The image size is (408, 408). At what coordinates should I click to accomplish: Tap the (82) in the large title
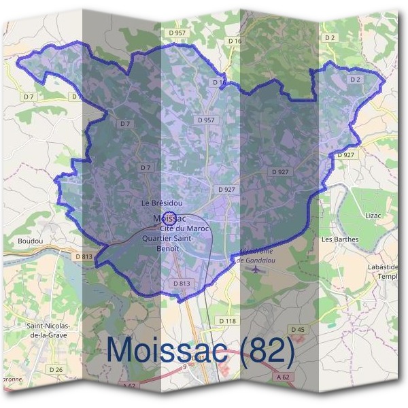tap(261, 350)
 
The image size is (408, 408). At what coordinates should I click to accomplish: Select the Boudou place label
tap(31, 241)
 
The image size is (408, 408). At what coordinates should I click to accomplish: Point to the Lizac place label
tap(373, 216)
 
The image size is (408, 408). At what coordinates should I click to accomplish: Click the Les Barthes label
tap(340, 239)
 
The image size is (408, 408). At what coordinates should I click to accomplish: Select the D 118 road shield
tap(227, 320)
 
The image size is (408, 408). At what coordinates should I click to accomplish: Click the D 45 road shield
tap(298, 330)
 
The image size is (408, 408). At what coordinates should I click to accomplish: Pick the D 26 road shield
tap(56, 369)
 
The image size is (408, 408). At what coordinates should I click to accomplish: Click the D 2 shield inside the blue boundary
tap(354, 80)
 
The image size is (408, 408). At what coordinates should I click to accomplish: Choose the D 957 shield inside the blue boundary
tap(206, 120)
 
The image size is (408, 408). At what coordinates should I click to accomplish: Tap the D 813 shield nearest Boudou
tap(83, 256)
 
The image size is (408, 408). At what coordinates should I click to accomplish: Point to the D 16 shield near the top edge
tap(235, 41)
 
